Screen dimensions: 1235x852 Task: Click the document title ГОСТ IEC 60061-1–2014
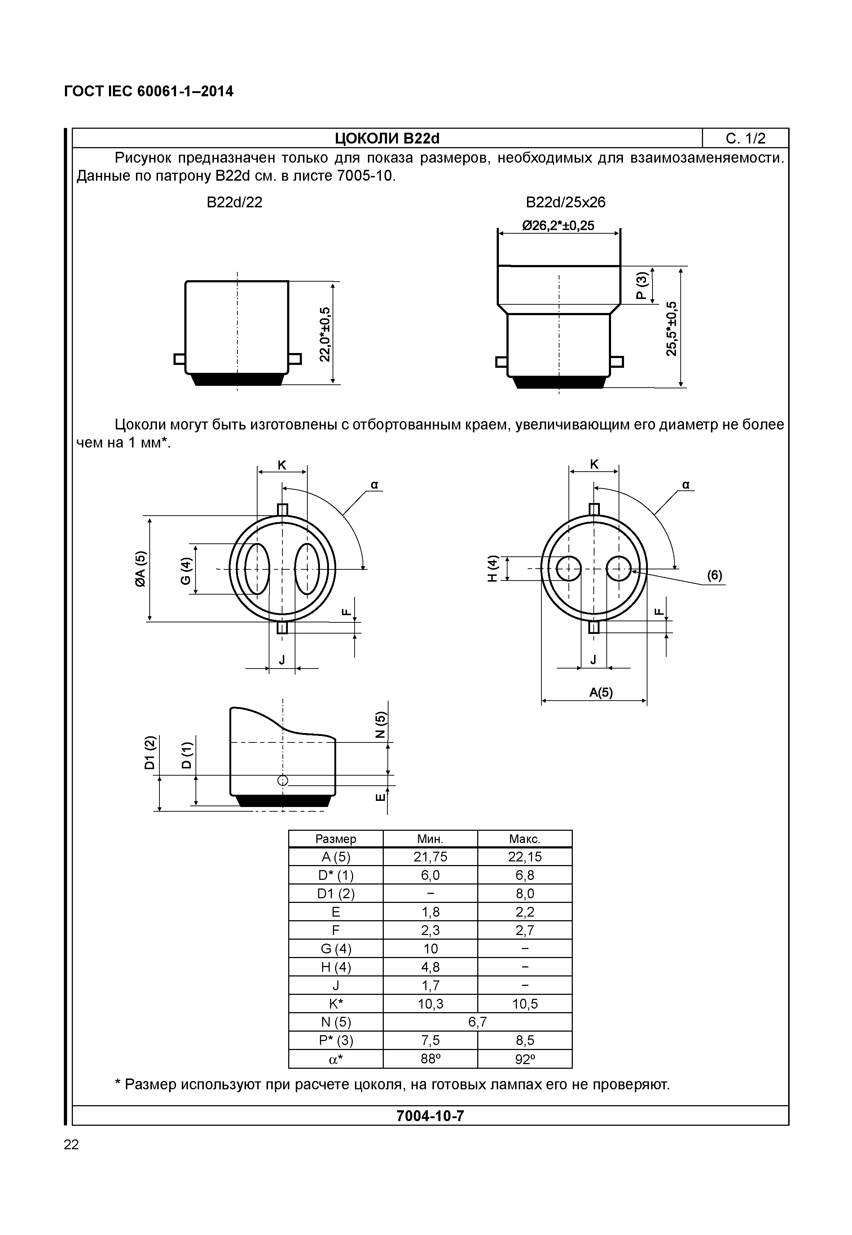coord(148,92)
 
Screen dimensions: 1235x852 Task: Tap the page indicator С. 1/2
coord(745,139)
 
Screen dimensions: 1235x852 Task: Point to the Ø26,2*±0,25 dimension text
coord(558,226)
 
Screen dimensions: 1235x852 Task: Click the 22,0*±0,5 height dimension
coord(325,334)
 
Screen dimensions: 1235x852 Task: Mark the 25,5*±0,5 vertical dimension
coord(672,328)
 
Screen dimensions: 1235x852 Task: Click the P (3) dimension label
coord(642,286)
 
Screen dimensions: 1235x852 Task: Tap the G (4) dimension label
coord(185,570)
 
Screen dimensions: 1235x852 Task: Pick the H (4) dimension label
coord(493,568)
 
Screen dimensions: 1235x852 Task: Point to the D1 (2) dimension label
coord(150,753)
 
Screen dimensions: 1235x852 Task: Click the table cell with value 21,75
coord(430,857)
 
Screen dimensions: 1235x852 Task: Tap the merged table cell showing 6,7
coord(477,1022)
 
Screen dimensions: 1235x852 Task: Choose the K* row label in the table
coord(336,1004)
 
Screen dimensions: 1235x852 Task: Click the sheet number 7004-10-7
coord(430,1116)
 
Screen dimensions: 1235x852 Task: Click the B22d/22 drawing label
coord(234,202)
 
